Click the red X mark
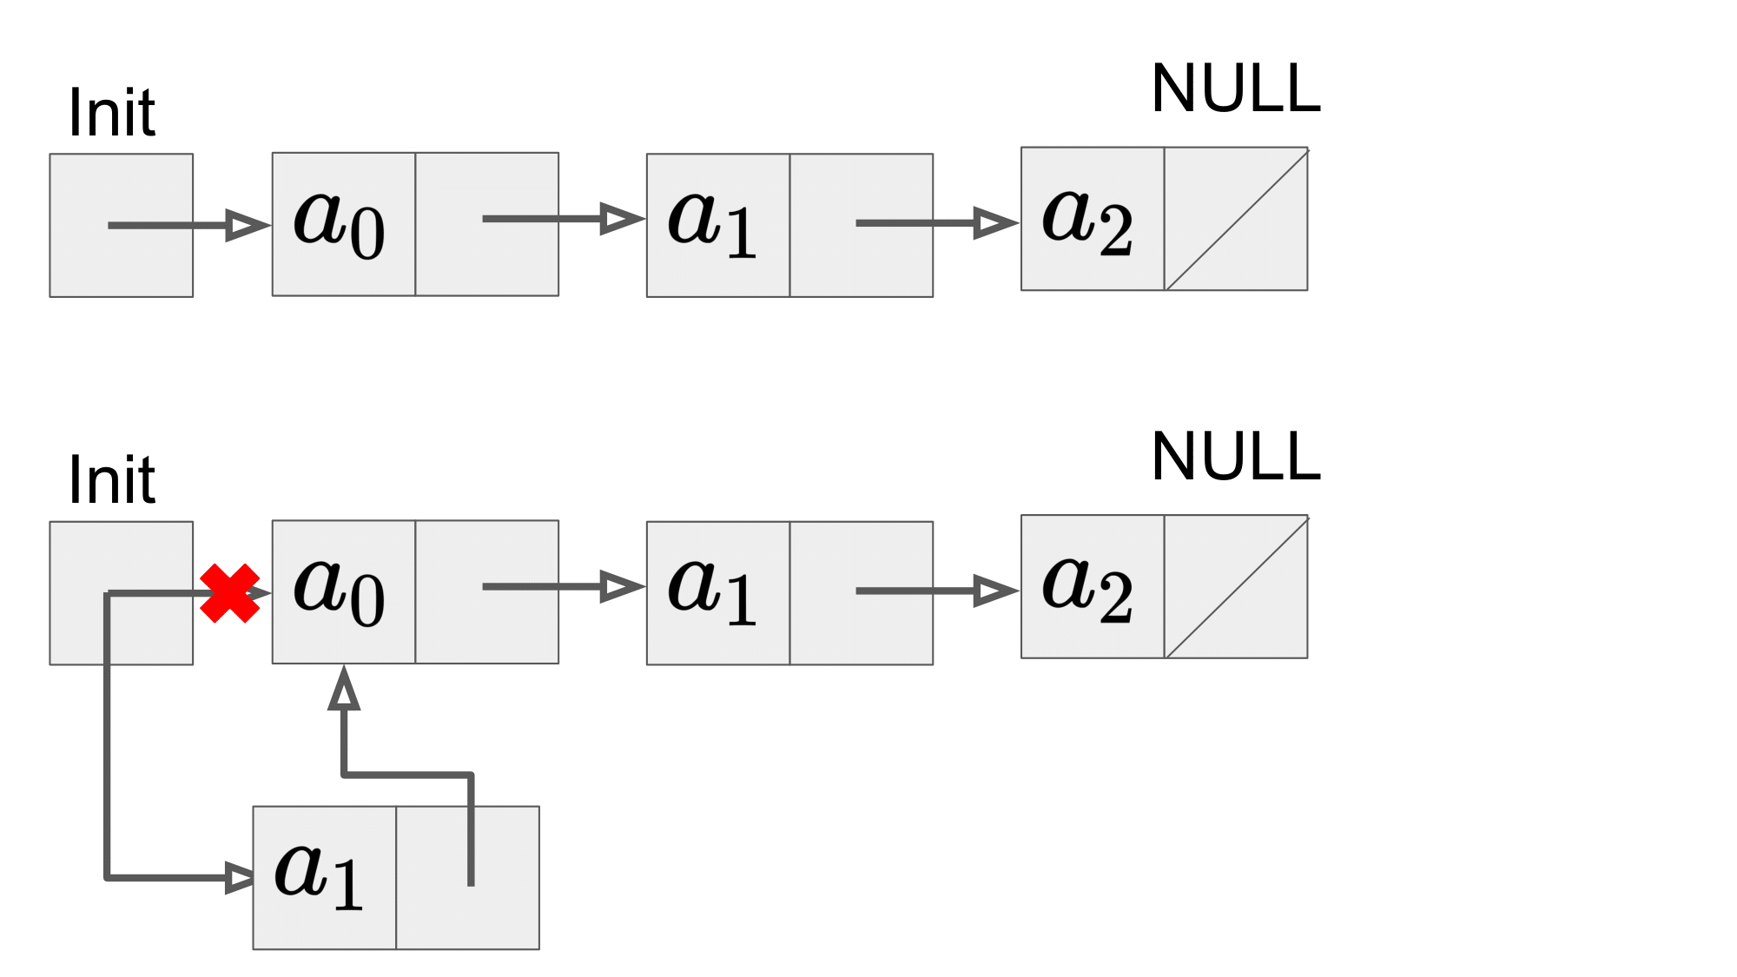point(229,593)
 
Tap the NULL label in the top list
point(1236,89)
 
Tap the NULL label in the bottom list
point(1236,457)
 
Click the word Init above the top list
point(111,113)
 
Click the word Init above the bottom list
point(111,480)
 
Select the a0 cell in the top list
point(344,224)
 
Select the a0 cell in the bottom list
point(344,592)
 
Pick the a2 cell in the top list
point(1093,219)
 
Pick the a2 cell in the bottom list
point(1093,587)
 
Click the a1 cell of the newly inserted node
point(325,878)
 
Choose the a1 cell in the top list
point(718,226)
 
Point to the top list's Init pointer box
point(122,226)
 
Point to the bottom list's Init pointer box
point(122,593)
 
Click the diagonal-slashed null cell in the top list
point(1236,219)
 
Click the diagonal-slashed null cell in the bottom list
point(1236,587)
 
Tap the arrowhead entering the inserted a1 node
point(239,878)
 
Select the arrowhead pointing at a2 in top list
point(995,223)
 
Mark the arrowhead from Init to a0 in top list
point(248,225)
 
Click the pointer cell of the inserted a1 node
point(468,878)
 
